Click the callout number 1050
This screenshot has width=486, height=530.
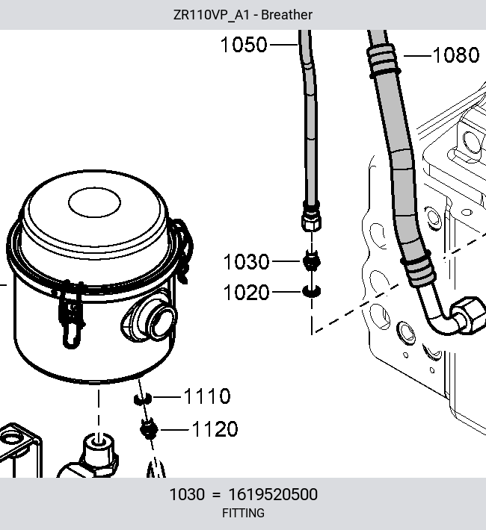[244, 45]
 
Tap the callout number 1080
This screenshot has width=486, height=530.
[456, 55]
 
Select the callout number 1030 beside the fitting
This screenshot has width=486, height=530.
[246, 261]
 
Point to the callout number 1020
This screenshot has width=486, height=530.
[246, 292]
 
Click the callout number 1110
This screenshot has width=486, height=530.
[207, 396]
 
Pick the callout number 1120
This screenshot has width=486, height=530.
[215, 429]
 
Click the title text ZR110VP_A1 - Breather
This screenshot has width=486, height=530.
[243, 15]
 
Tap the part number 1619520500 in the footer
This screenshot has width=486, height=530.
[273, 494]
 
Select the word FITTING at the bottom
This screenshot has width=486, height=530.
[243, 513]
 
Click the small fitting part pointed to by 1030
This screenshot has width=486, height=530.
[311, 261]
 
